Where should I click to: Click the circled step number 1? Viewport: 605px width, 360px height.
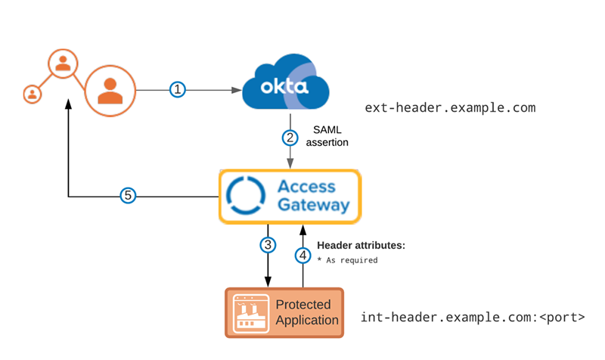(178, 90)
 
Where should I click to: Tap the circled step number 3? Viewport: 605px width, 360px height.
(267, 245)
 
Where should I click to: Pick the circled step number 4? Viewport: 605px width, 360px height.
(303, 255)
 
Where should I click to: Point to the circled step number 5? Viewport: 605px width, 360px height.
(129, 196)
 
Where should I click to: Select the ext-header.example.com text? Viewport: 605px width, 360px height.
(449, 108)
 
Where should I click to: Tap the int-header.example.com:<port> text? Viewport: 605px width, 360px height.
(472, 317)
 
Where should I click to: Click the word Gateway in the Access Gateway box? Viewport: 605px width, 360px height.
(314, 205)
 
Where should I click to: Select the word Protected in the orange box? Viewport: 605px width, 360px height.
(302, 305)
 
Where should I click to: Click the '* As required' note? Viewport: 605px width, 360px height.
(347, 259)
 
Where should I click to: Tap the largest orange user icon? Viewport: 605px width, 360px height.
(110, 90)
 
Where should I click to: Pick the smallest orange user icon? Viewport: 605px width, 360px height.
(32, 94)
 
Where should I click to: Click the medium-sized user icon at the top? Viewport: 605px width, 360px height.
(63, 64)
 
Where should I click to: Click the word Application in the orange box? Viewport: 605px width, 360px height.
(307, 320)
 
